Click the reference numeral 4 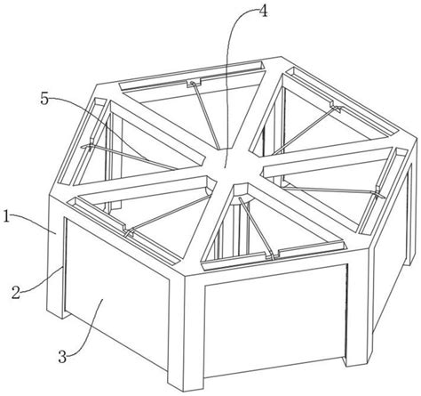(x=263, y=12)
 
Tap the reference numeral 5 (x=44, y=99)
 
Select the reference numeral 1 (x=6, y=216)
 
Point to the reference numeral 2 (x=17, y=293)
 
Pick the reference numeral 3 (x=62, y=356)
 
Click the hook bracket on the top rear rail (x=194, y=84)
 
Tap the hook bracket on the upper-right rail (x=337, y=108)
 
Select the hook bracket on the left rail (x=91, y=144)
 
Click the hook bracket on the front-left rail (x=129, y=232)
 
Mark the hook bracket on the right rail (x=377, y=193)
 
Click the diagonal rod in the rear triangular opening (x=207, y=116)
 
